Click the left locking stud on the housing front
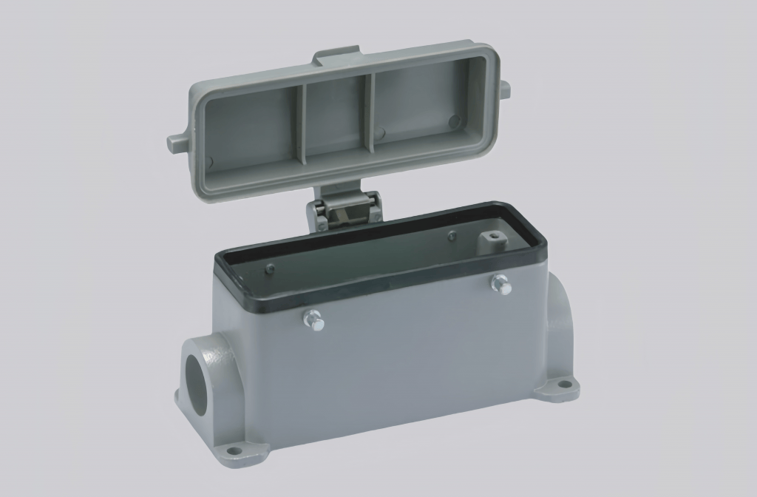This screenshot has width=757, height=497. pos(313,319)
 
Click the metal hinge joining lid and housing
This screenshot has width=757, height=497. pos(344,211)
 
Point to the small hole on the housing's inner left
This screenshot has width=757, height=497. pos(269,268)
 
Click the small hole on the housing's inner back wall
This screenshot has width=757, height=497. pos(452,237)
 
